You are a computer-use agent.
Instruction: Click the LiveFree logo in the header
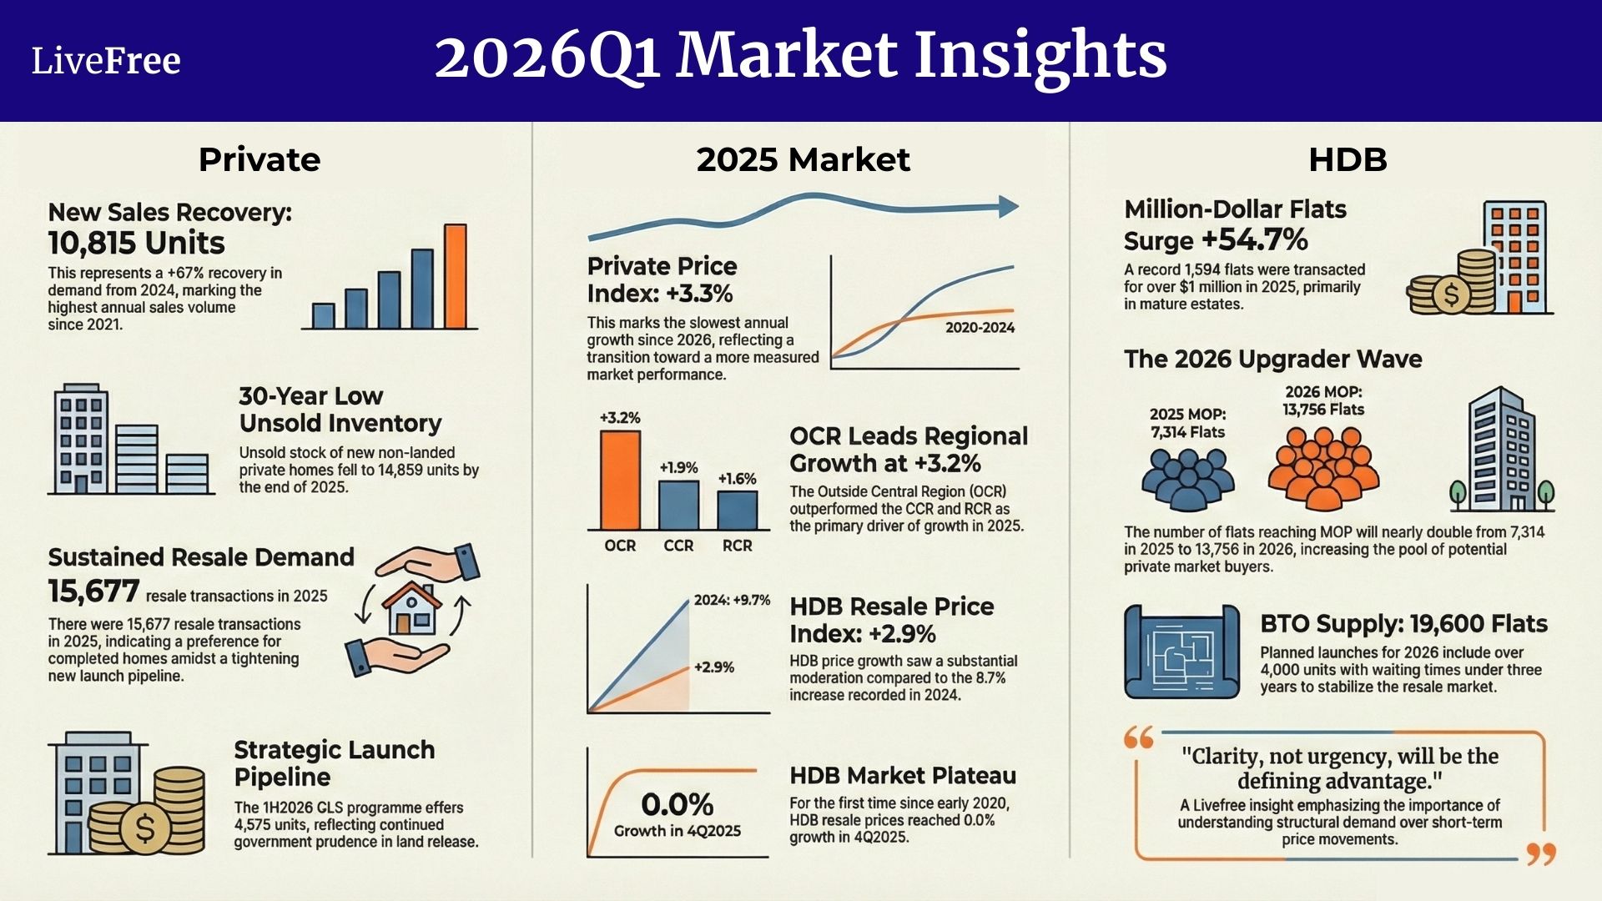(106, 61)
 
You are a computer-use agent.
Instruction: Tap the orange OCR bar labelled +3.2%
(620, 480)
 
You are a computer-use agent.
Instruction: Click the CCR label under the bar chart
(678, 546)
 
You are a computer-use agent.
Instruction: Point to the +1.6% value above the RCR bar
(737, 479)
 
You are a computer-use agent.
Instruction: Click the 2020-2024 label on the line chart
(980, 328)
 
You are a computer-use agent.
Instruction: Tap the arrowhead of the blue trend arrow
(1008, 207)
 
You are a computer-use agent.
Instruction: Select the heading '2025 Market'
(803, 159)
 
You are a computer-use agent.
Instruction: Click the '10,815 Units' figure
(136, 243)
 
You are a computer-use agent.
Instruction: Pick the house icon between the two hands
(411, 608)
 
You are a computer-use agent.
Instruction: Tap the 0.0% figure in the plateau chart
(677, 805)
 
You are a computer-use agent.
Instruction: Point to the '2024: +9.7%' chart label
(732, 600)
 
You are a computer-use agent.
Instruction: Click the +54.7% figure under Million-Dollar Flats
(1254, 240)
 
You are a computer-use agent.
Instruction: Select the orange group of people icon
(1323, 469)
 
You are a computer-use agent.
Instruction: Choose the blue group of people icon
(1187, 480)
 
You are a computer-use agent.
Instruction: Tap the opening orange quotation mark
(1139, 737)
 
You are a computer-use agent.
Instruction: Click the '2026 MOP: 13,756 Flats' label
(1323, 400)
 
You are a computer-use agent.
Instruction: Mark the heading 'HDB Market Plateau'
(903, 776)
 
